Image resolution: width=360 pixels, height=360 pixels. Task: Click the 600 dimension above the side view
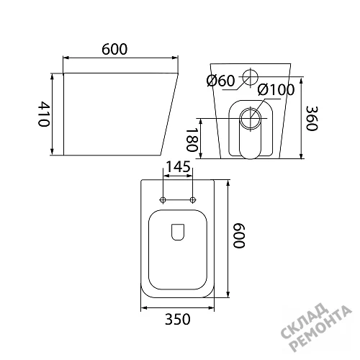point(114,49)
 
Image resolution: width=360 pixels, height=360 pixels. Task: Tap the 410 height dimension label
point(44,114)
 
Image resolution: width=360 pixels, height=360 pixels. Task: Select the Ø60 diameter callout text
point(220,81)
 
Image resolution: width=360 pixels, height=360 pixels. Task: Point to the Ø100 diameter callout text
point(276,90)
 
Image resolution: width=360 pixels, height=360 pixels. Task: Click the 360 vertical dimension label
point(312,118)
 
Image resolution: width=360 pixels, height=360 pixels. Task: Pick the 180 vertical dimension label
point(192,140)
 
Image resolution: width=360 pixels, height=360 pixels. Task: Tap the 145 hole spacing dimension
point(178,167)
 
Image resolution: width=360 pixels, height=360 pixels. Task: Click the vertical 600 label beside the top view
point(239,235)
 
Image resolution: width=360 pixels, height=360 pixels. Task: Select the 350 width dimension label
point(178,320)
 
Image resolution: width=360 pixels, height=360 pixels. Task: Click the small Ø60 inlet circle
point(250,70)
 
